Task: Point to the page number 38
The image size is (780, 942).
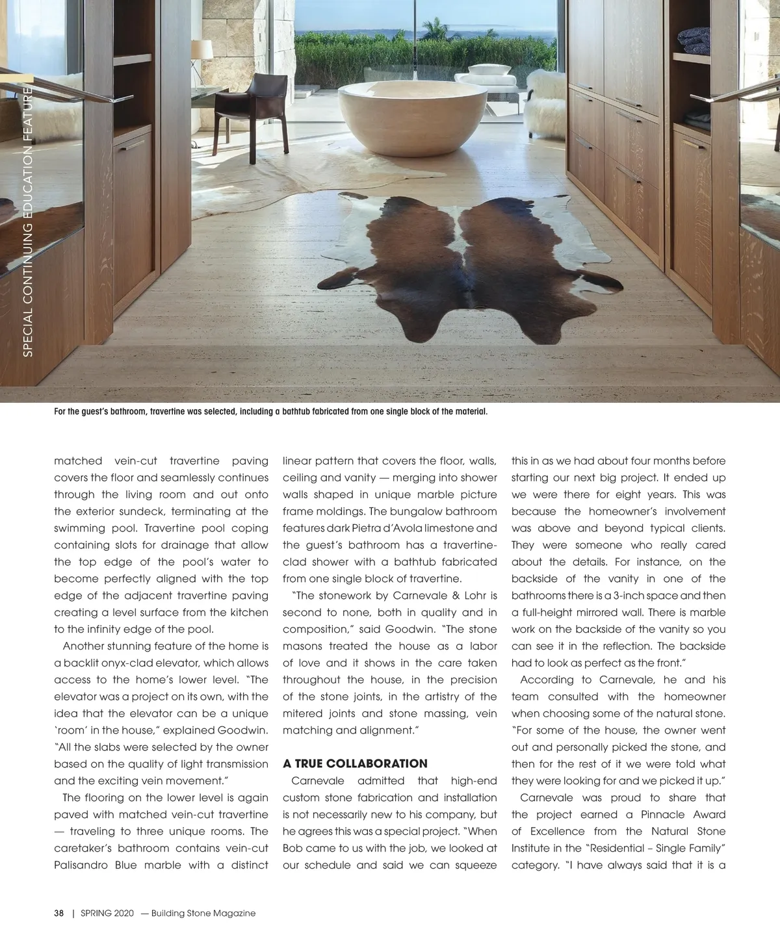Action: [x=58, y=913]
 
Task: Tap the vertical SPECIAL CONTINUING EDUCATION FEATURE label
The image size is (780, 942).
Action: [x=27, y=221]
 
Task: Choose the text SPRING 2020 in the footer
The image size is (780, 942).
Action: [x=107, y=913]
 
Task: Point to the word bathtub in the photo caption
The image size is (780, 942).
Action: [x=300, y=412]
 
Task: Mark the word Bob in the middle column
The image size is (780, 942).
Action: [x=292, y=848]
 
